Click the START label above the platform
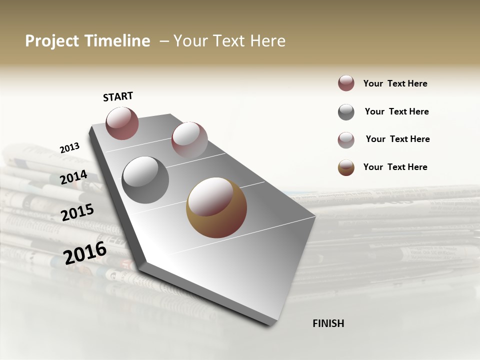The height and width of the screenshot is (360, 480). [x=118, y=96]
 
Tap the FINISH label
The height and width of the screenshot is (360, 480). [x=328, y=323]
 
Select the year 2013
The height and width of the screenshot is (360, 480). [x=69, y=148]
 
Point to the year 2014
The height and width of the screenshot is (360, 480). [x=73, y=177]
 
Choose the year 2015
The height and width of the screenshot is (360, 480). [x=77, y=212]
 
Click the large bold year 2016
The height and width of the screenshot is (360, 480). [x=85, y=252]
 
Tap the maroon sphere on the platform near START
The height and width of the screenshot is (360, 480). [x=122, y=123]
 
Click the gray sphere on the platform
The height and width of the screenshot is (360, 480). [x=145, y=179]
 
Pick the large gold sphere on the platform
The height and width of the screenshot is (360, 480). [x=216, y=207]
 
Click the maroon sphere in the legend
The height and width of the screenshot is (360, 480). [x=346, y=83]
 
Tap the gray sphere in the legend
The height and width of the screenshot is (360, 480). [x=346, y=112]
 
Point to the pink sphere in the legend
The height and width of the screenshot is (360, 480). [x=346, y=140]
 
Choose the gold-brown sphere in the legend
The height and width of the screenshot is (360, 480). [x=346, y=167]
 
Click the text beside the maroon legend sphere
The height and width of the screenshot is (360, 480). [x=395, y=83]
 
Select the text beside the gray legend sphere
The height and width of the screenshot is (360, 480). [x=396, y=111]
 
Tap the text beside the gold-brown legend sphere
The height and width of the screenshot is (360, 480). [x=395, y=167]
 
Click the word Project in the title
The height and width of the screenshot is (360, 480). [x=51, y=41]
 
